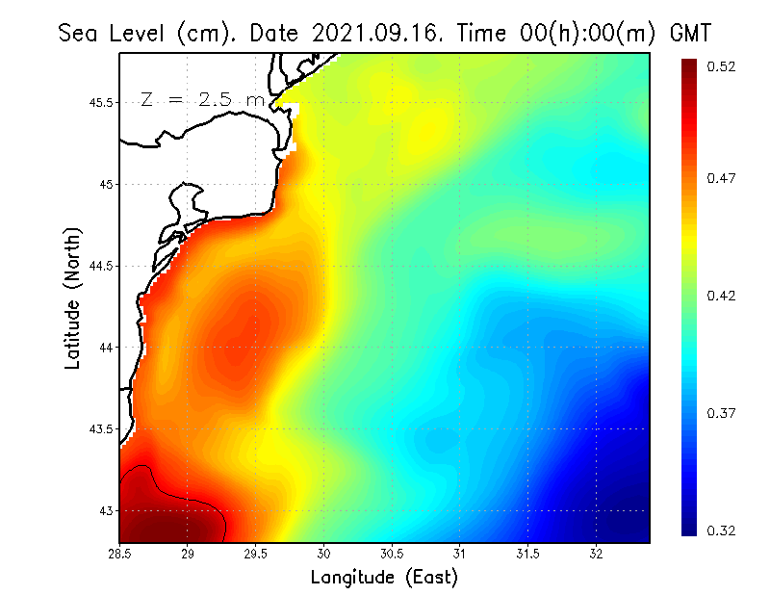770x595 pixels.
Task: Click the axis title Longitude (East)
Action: pos(384,578)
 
